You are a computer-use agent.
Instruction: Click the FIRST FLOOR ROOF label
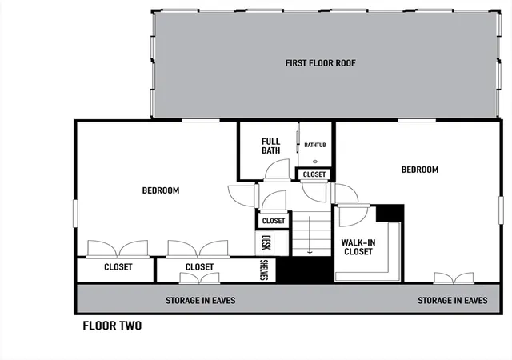tap(320, 63)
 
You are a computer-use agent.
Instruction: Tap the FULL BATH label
tap(270, 146)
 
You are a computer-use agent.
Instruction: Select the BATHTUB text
tap(315, 145)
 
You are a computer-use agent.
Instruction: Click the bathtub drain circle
tap(315, 162)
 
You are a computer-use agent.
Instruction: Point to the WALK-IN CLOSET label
tap(358, 247)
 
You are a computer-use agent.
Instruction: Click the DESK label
tap(266, 242)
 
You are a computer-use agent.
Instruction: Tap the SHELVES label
tap(264, 270)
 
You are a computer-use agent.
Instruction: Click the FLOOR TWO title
tap(112, 326)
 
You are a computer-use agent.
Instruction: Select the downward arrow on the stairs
tap(310, 234)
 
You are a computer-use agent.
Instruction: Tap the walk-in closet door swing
tap(354, 216)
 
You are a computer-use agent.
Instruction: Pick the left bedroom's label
tap(161, 190)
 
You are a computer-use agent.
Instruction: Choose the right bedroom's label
tap(420, 170)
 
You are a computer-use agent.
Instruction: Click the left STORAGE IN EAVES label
tap(201, 301)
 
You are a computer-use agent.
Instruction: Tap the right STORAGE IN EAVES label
tap(453, 301)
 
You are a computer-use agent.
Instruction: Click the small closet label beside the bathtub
tap(314, 174)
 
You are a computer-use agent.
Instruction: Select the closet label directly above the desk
tap(274, 221)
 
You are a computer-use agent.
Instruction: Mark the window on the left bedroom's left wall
tap(75, 214)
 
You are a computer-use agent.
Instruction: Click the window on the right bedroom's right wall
tap(501, 210)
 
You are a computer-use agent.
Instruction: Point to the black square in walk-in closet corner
tap(390, 214)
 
